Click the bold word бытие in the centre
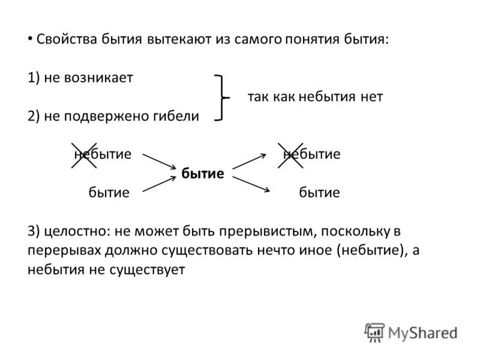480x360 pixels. click(202, 174)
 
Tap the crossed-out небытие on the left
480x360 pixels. click(102, 154)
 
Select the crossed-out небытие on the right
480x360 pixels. click(311, 154)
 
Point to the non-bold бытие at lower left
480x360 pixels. click(109, 193)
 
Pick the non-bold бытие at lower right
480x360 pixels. click(319, 193)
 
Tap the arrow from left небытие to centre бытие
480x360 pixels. click(158, 162)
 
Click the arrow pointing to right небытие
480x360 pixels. click(249, 161)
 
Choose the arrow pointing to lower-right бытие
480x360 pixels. click(250, 184)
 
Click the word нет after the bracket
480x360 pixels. click(371, 97)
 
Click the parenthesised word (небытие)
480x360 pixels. click(368, 251)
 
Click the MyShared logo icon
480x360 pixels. click(374, 331)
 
